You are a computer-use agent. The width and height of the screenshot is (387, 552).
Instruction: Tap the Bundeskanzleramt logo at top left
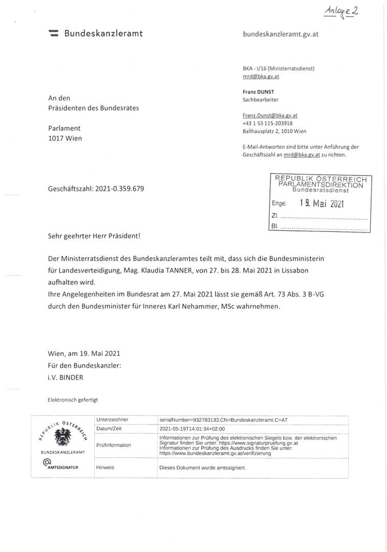click(x=53, y=34)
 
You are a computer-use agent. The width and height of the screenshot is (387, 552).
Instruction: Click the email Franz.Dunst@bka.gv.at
click(x=270, y=116)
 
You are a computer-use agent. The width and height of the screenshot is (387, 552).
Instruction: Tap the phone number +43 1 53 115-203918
click(x=268, y=123)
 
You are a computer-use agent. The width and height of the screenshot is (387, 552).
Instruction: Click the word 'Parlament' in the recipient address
click(x=64, y=128)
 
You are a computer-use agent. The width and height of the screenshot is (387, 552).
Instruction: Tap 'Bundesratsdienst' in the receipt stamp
click(x=320, y=190)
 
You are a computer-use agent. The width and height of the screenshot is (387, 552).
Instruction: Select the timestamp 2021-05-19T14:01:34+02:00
click(x=192, y=429)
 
